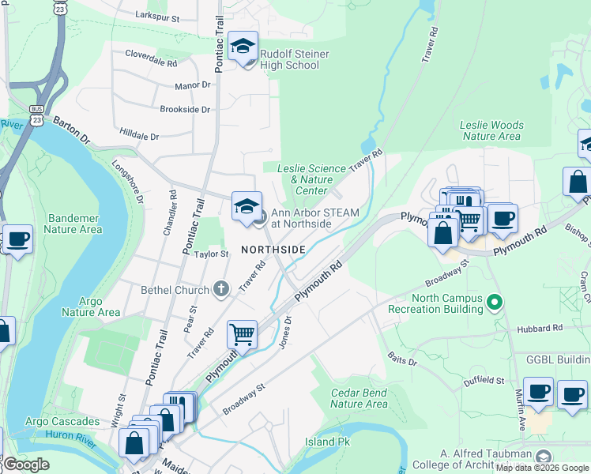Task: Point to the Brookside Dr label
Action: pos(185,110)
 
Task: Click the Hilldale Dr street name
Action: pos(138,136)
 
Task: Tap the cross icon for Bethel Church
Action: pos(220,290)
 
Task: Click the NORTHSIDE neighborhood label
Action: pos(273,250)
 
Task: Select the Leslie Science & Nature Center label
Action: pos(311,179)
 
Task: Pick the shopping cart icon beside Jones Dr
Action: pos(242,334)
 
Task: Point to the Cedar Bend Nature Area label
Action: pos(359,398)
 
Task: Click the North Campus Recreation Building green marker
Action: pos(495,301)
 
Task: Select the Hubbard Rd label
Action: pos(540,327)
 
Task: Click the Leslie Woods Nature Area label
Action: pos(491,130)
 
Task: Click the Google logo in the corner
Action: pos(27,465)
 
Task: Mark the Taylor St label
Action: pos(212,254)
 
